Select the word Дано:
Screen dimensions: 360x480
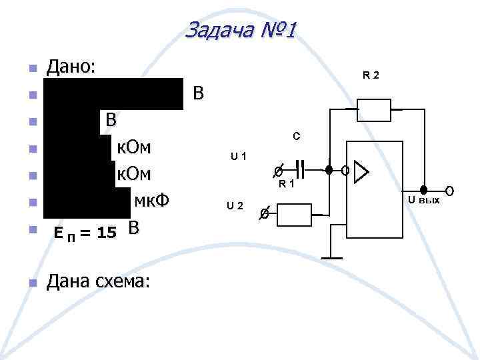[x=71, y=67]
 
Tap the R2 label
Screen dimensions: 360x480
[x=371, y=75]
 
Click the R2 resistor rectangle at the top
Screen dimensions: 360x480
[x=374, y=110]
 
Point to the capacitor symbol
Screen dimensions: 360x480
[x=301, y=170]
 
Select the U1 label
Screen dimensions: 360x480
[x=239, y=157]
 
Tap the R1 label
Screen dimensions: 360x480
[x=287, y=183]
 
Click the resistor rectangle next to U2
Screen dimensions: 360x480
[x=294, y=215]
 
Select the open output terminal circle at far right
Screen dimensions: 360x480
[x=449, y=192]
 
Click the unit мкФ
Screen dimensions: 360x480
[x=154, y=201]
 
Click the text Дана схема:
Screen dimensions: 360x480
[x=97, y=282]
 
